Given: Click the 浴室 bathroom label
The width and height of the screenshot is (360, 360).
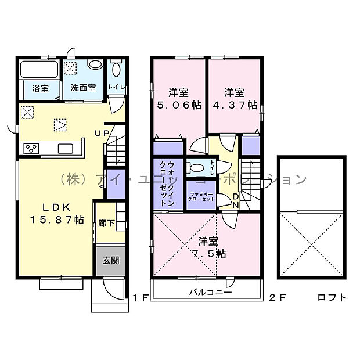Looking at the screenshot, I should (40, 88).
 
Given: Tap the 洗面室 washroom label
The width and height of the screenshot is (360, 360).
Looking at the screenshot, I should (84, 88).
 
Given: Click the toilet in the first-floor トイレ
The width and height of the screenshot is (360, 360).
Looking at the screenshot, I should (116, 70).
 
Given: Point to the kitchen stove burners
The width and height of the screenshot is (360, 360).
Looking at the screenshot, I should (31, 149).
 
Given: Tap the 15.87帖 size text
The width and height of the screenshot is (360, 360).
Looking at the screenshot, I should (56, 220).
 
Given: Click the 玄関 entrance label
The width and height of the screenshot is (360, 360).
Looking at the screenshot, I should (111, 260).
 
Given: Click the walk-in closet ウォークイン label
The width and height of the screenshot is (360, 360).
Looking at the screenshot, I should (167, 184).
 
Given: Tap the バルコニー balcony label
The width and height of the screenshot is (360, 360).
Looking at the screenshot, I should (210, 292).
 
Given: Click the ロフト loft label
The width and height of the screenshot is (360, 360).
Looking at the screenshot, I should (332, 298).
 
